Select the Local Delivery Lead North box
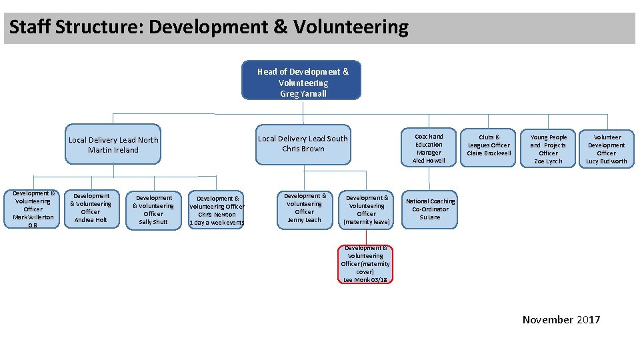[x=113, y=145]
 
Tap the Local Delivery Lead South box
[x=303, y=144]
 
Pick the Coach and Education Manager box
[x=429, y=148]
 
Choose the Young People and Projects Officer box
[x=548, y=148]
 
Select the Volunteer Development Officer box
[x=606, y=148]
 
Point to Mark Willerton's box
[x=33, y=209]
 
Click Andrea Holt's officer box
[x=91, y=209]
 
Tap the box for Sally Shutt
[x=153, y=210]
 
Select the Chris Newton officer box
[x=217, y=210]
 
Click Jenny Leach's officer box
[x=305, y=209]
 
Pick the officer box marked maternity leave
[x=367, y=209]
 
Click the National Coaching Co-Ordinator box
[x=430, y=209]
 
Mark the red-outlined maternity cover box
[x=365, y=264]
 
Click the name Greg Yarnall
[x=303, y=94]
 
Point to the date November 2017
[x=561, y=320]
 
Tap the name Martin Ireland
[x=113, y=150]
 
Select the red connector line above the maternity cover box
[x=365, y=237]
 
